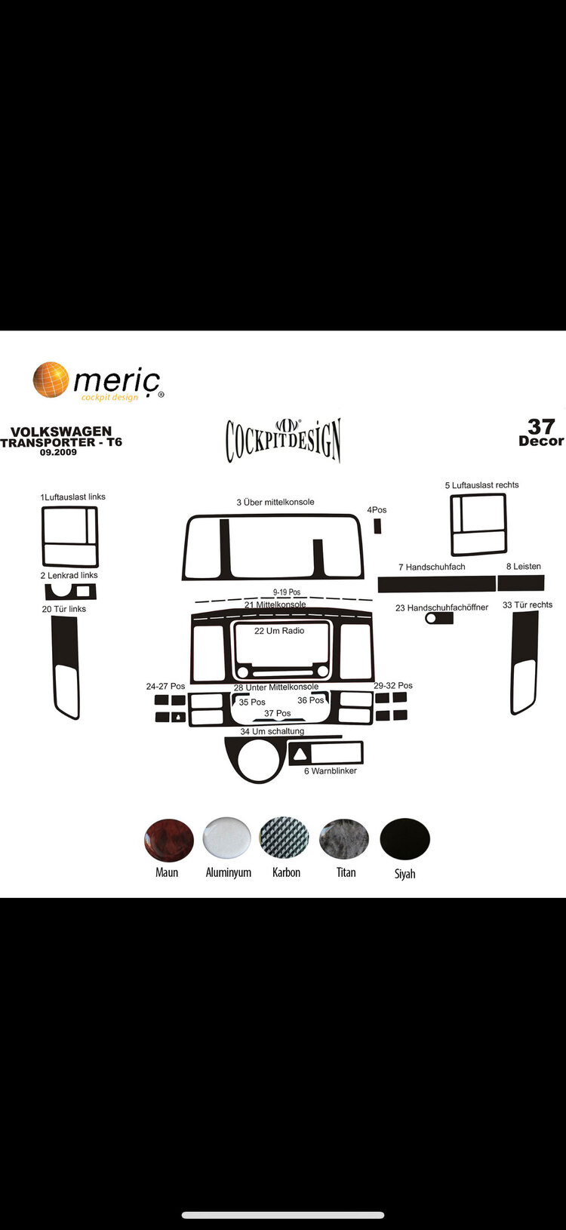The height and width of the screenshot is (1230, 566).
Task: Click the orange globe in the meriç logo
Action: (x=51, y=380)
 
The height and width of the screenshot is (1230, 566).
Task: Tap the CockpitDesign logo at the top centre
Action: (x=283, y=439)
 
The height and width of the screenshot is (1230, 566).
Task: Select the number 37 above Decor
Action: (x=541, y=426)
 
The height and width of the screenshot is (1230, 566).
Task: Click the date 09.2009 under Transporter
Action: (x=58, y=453)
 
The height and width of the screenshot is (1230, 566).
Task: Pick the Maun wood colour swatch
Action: (x=168, y=840)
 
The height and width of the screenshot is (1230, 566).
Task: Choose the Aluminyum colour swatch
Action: (x=226, y=838)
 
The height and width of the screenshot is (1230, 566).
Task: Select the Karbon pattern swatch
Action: (x=284, y=838)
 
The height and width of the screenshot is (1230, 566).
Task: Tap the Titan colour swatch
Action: (x=343, y=838)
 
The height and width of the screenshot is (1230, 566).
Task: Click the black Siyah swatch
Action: (x=405, y=839)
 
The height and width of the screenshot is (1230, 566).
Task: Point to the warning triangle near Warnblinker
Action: (x=300, y=754)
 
